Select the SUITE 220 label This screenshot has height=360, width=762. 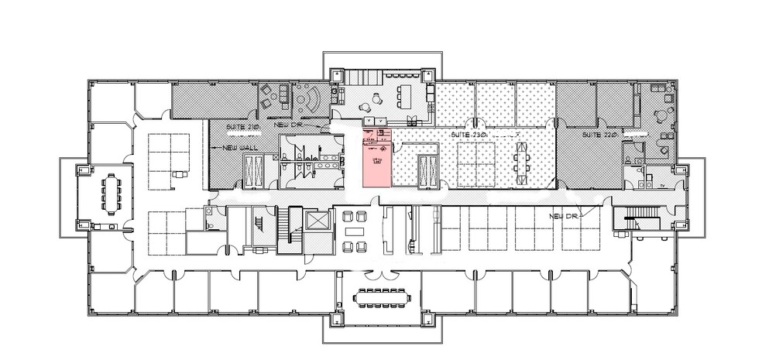tap(599, 135)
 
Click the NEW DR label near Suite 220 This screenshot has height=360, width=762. tap(565, 215)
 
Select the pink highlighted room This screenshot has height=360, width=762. tap(377, 159)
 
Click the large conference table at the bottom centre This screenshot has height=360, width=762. tap(381, 297)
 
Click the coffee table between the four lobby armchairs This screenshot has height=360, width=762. tap(355, 231)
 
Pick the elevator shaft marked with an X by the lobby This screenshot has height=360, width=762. tap(318, 220)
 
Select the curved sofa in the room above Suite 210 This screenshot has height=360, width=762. tap(312, 99)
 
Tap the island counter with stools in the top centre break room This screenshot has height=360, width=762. tap(403, 98)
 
